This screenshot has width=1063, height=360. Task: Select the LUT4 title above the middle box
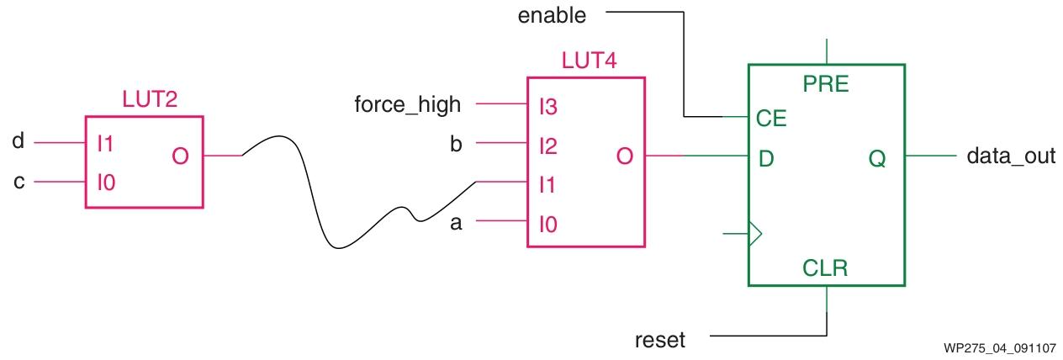(x=587, y=62)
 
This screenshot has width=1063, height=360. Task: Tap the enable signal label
(x=552, y=14)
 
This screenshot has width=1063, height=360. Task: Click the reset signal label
(x=660, y=341)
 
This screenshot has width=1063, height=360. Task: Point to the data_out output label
(x=1011, y=156)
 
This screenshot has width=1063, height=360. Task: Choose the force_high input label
(x=409, y=105)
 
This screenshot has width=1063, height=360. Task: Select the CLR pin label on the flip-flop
(x=826, y=268)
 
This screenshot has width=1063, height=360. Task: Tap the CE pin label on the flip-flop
(x=771, y=118)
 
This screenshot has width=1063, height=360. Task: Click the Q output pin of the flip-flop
(x=877, y=157)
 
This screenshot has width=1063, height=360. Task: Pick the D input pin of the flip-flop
(x=766, y=157)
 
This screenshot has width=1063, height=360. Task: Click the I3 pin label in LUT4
(x=547, y=107)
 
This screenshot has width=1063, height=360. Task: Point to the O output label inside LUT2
(x=180, y=156)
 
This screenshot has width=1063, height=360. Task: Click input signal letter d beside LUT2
(x=18, y=142)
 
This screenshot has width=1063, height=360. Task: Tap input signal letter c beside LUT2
(x=18, y=182)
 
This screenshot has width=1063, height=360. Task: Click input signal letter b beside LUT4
(x=457, y=144)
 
